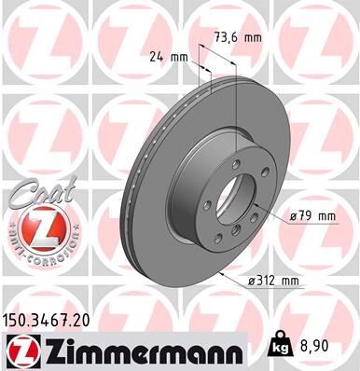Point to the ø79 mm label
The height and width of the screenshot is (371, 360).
tap(312, 216)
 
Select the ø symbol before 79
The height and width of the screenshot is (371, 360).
tap(293, 216)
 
